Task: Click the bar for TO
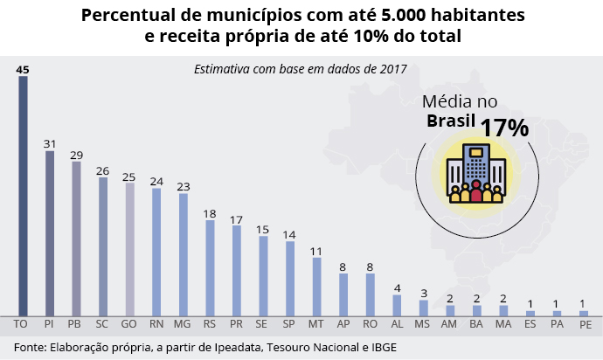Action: point(23,196)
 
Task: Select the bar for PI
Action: point(50,233)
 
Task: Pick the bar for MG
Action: point(184,254)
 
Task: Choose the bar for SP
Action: point(290,278)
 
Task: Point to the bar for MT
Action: point(316,286)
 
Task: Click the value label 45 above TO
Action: point(23,69)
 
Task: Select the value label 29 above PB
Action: point(77,155)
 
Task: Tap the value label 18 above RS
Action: point(210,213)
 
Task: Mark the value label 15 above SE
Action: point(263,229)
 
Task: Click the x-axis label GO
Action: point(129,323)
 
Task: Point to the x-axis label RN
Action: point(156,323)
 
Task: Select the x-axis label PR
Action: point(237,323)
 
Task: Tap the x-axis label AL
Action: point(397,323)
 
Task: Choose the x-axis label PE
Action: point(584,323)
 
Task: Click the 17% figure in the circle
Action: point(504,127)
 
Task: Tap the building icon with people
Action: point(475,173)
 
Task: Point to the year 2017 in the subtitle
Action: point(392,67)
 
